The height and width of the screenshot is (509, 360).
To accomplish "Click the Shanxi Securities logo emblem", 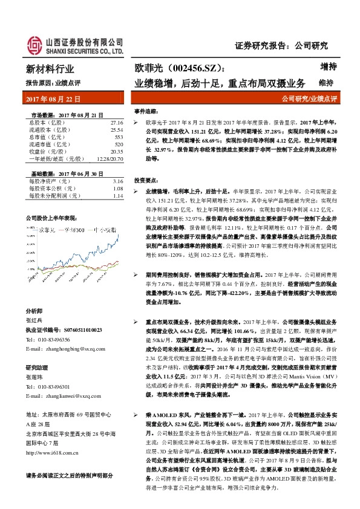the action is tap(34, 44).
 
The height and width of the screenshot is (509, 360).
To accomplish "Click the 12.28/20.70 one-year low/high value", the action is tap(110, 159).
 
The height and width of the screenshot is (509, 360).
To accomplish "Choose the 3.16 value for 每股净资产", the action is tap(117, 181).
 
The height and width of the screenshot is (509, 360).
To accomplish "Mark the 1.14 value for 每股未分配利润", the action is tap(117, 196).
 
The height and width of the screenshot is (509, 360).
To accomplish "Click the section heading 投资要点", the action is tap(146, 181).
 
